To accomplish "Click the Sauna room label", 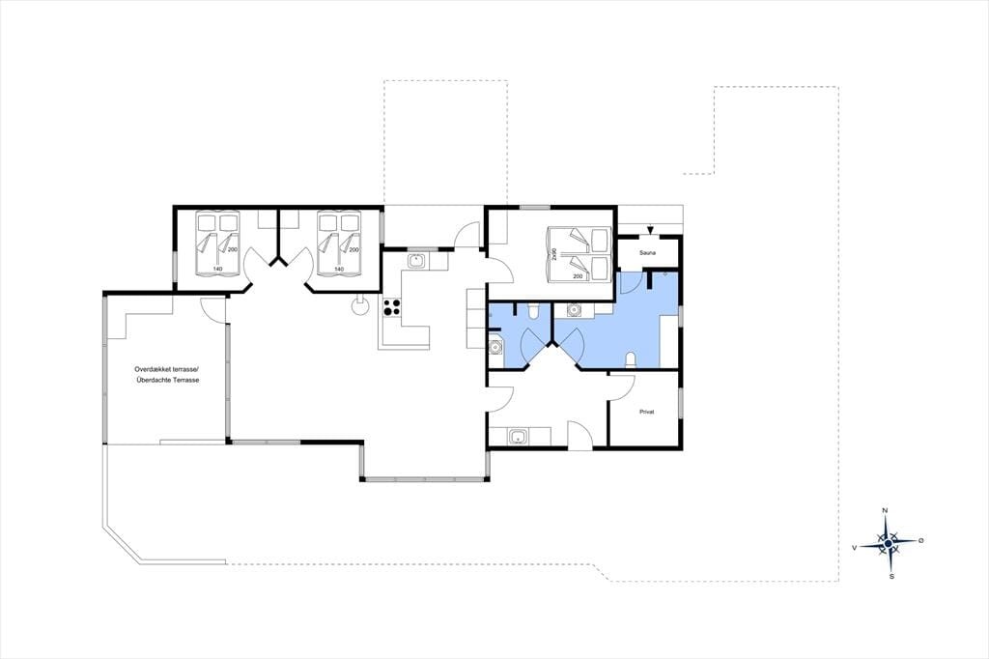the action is click(647, 253).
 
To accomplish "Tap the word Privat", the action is click(646, 412).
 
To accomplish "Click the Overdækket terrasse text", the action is click(166, 369).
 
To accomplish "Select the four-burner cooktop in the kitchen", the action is click(392, 306).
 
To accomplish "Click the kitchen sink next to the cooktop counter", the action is click(416, 260).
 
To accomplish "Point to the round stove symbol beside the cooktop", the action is click(360, 306).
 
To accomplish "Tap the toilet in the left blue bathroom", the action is click(533, 309).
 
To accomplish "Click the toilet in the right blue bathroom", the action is click(630, 359).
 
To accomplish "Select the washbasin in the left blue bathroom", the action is click(496, 346).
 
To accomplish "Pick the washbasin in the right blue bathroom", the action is click(574, 309).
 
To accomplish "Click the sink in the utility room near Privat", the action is click(519, 436).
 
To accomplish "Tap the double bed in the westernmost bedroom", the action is click(218, 244).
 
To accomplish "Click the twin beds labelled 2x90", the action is click(579, 254).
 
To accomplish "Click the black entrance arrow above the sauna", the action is click(650, 230).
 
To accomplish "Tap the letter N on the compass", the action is click(885, 510).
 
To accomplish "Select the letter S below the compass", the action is click(891, 576).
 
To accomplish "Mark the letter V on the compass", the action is click(854, 548).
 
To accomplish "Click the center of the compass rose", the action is click(889, 543).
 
